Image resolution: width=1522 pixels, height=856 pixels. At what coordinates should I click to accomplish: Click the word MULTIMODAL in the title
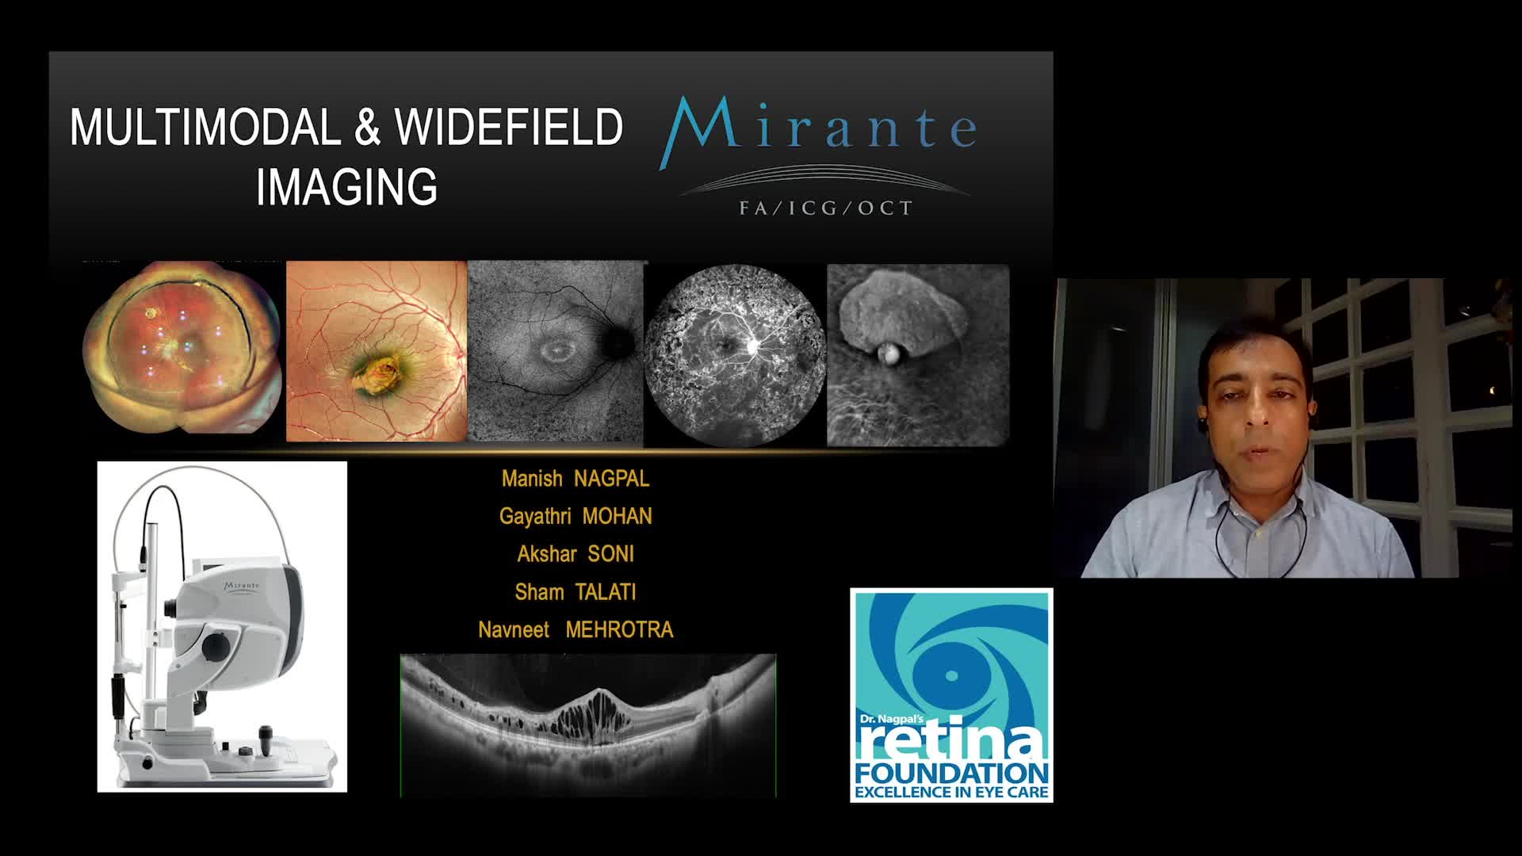[205, 127]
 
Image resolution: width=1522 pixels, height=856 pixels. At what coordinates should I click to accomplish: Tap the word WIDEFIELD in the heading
[510, 127]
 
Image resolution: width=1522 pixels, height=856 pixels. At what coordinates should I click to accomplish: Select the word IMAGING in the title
[346, 186]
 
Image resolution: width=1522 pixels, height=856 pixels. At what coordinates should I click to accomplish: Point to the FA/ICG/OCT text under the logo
[826, 208]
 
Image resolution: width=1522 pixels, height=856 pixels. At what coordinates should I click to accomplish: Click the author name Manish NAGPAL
[576, 479]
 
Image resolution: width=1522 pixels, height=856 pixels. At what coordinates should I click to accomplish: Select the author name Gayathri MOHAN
[576, 516]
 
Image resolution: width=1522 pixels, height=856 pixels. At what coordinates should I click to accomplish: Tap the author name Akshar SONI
[576, 554]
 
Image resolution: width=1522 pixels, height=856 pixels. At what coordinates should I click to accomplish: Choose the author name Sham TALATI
[576, 592]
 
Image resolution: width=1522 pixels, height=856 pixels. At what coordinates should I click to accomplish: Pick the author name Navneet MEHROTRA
[576, 630]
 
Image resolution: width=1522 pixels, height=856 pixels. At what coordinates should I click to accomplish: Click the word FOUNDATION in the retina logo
[951, 773]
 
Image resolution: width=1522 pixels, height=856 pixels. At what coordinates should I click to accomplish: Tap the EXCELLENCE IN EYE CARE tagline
[951, 792]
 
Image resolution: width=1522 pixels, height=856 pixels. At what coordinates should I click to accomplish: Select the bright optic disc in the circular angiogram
[752, 346]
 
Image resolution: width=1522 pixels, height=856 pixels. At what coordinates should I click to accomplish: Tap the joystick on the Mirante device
[266, 739]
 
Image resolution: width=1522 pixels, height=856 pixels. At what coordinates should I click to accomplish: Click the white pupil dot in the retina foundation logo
[951, 676]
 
